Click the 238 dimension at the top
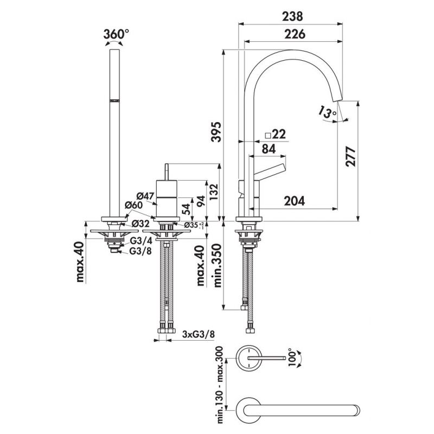coord(292,16)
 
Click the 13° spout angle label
coord(328,113)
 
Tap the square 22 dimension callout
coord(275,134)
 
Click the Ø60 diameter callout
coord(133,205)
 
